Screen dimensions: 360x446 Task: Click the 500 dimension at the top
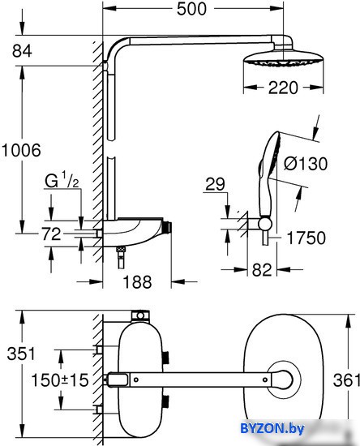(191, 9)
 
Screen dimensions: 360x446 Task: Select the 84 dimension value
(22, 51)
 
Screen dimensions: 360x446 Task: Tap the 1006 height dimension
(21, 150)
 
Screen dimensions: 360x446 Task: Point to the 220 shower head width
(283, 88)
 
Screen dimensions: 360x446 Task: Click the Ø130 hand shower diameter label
(306, 164)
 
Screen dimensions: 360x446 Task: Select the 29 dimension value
(215, 184)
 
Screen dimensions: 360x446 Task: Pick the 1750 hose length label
(306, 238)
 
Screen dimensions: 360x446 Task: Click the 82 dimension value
(262, 270)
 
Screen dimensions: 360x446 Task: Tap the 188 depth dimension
(137, 282)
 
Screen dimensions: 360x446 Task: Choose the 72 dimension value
(51, 234)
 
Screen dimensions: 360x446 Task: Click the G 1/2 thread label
(62, 181)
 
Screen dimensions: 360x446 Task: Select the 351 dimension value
(21, 354)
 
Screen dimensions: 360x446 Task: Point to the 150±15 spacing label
(60, 380)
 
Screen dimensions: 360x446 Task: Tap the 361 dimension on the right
(346, 380)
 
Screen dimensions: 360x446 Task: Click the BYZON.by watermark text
(272, 428)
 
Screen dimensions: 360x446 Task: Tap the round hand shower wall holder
(265, 224)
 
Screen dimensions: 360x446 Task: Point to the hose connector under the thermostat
(121, 257)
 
